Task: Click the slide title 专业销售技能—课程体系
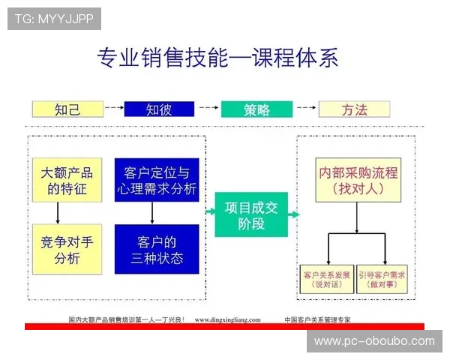click(217, 57)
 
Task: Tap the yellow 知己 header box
click(67, 109)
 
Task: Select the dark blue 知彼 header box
click(159, 109)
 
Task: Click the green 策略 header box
click(256, 109)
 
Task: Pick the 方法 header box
click(354, 109)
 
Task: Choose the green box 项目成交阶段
click(250, 214)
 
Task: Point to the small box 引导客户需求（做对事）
click(382, 279)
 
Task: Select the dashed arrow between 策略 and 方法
click(305, 109)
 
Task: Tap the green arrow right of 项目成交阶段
click(292, 214)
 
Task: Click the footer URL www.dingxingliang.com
click(228, 319)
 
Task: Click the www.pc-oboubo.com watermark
click(374, 341)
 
